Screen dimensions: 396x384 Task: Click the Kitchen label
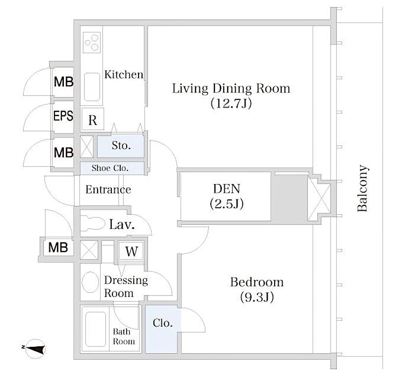pyautogui.click(x=123, y=75)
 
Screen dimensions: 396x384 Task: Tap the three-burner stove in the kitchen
pyautogui.click(x=92, y=42)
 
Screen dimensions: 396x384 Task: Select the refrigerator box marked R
pyautogui.click(x=93, y=119)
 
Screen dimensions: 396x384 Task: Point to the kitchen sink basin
pyautogui.click(x=92, y=87)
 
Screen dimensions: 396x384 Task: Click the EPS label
pyautogui.click(x=63, y=116)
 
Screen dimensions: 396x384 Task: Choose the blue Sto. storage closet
pyautogui.click(x=121, y=145)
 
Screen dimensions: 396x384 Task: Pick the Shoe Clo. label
pyautogui.click(x=110, y=168)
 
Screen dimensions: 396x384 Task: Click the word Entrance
pyautogui.click(x=108, y=190)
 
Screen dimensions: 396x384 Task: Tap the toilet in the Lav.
pyautogui.click(x=93, y=224)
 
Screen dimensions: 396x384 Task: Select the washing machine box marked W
pyautogui.click(x=131, y=251)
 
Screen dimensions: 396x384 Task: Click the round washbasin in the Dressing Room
pyautogui.click(x=90, y=282)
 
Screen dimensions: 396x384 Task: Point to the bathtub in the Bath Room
pyautogui.click(x=96, y=329)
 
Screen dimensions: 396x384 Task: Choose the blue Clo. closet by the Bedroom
pyautogui.click(x=161, y=329)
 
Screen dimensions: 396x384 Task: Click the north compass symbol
pyautogui.click(x=35, y=349)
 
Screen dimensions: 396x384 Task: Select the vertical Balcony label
pyautogui.click(x=362, y=188)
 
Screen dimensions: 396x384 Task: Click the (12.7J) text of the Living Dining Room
pyautogui.click(x=231, y=103)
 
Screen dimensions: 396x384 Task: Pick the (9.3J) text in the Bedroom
pyautogui.click(x=257, y=297)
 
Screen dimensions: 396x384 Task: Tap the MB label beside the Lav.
pyautogui.click(x=58, y=247)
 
